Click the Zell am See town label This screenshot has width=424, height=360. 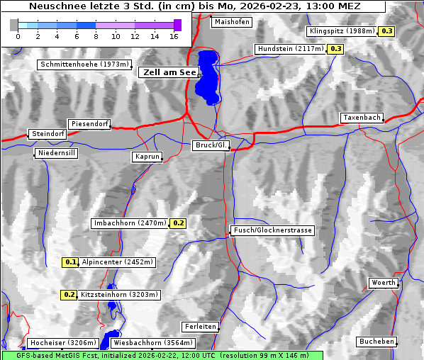(169, 72)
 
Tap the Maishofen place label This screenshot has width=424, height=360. (232, 22)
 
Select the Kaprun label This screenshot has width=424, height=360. (147, 157)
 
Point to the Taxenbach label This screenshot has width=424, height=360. (362, 118)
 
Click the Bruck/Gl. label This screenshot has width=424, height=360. (211, 145)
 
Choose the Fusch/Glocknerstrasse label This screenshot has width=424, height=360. (272, 230)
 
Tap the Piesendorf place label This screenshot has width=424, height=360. (89, 124)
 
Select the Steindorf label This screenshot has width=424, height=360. (48, 133)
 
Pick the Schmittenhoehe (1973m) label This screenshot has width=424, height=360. (84, 64)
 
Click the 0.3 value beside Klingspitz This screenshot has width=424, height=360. (387, 31)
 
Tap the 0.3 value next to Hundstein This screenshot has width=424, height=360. (335, 49)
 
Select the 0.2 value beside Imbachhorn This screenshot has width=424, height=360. (178, 223)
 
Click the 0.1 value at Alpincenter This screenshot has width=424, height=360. (70, 261)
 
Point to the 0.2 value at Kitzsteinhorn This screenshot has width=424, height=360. (69, 294)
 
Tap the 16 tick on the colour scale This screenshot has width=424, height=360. (174, 35)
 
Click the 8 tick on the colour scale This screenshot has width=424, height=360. (96, 35)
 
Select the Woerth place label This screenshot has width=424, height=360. (384, 283)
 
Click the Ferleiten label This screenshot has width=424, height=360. (199, 327)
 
